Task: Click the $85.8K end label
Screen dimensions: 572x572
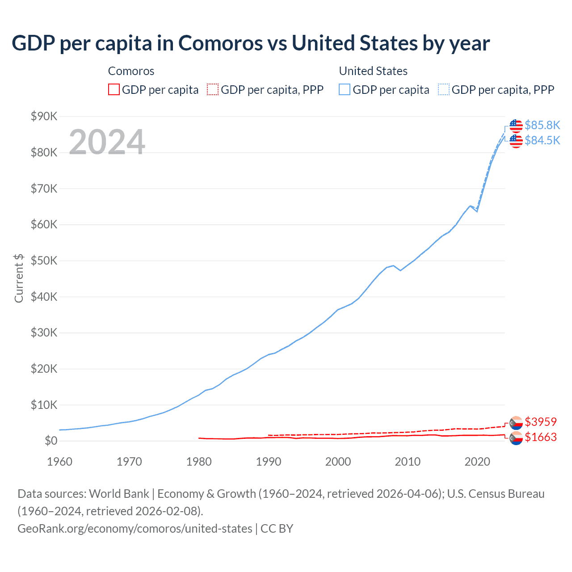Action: coord(542,125)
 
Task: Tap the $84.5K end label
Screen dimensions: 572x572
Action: coord(542,140)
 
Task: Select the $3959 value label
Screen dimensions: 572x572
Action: coord(540,422)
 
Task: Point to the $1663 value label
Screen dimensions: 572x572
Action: coord(540,437)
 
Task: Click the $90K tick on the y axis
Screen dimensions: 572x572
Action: coord(44,117)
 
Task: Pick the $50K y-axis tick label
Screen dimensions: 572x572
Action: coord(44,261)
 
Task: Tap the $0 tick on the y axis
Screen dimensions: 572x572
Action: coord(51,441)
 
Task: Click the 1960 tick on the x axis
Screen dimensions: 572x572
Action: coord(59,462)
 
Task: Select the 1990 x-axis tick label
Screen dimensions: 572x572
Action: coord(269,462)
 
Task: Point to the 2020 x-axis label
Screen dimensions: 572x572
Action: coord(477,462)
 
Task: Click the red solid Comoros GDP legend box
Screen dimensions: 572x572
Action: coord(114,90)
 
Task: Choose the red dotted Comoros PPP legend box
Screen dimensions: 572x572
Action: coord(213,90)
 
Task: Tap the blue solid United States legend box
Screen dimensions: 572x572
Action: coord(345,90)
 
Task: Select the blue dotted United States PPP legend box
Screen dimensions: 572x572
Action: coord(444,90)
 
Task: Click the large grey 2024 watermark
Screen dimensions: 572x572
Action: coord(107,142)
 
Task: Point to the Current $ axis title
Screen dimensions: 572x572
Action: coord(19,278)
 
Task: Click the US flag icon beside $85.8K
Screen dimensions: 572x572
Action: coord(516,126)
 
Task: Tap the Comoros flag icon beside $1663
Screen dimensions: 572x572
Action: coord(516,438)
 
